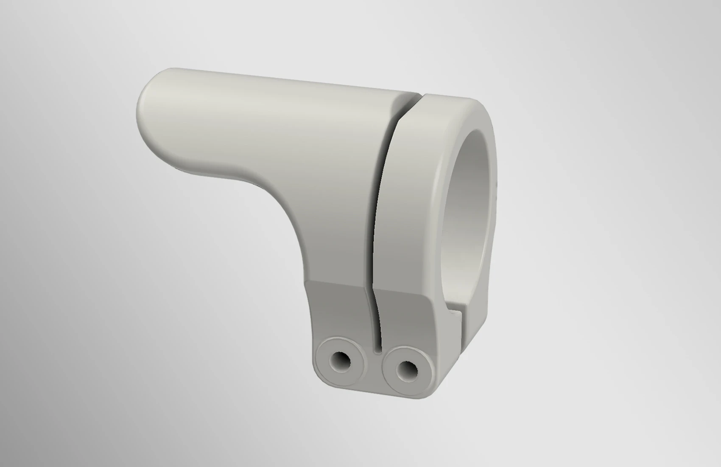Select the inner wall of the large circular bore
point(467,204)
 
